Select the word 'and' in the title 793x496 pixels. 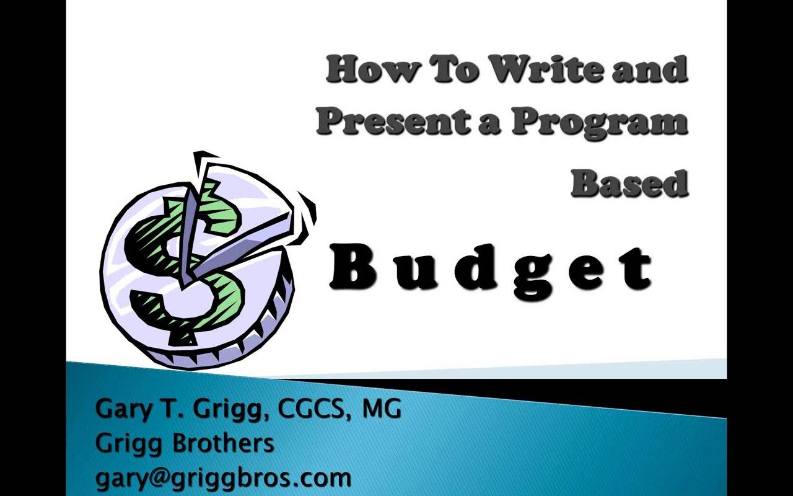click(x=650, y=69)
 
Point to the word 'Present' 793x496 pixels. click(x=388, y=121)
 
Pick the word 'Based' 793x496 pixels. click(x=629, y=182)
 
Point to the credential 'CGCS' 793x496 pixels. click(x=315, y=409)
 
